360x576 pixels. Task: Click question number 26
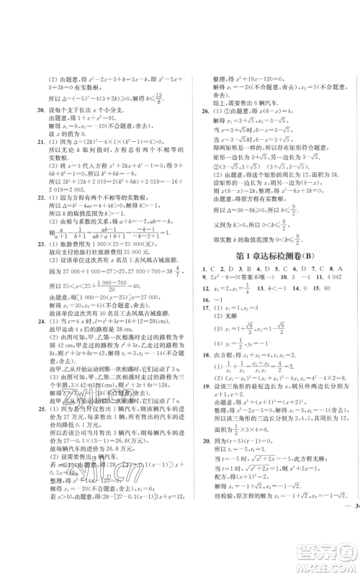click(x=206, y=111)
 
